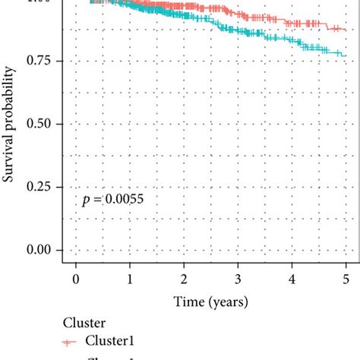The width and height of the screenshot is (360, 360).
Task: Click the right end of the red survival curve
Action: coord(346,29)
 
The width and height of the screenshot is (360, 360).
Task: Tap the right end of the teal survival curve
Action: coord(346,55)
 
